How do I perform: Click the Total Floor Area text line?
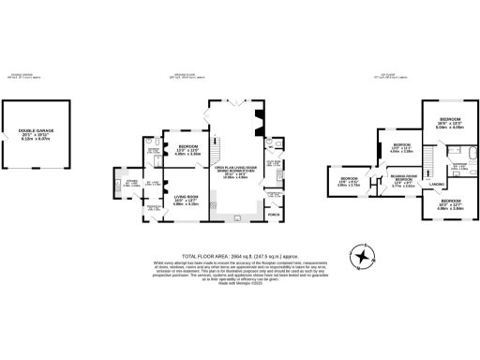239,256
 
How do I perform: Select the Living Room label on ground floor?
186,198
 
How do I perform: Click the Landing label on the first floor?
436,185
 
